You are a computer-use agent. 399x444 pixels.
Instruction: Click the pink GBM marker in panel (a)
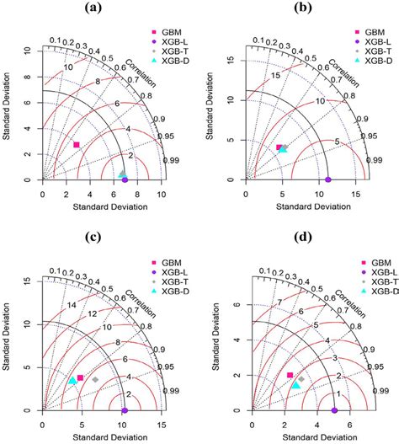point(77,145)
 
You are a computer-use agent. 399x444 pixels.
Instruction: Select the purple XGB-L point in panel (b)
point(328,179)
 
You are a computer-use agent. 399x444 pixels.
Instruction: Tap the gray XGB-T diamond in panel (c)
point(95,380)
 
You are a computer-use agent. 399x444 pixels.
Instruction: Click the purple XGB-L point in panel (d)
point(334,410)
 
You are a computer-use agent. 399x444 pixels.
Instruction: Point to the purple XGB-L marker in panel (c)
point(124,410)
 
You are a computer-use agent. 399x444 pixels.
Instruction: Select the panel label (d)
point(298,236)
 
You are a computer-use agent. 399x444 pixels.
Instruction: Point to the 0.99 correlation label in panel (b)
point(368,159)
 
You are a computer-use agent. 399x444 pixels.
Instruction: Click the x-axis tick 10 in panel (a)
point(138,193)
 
